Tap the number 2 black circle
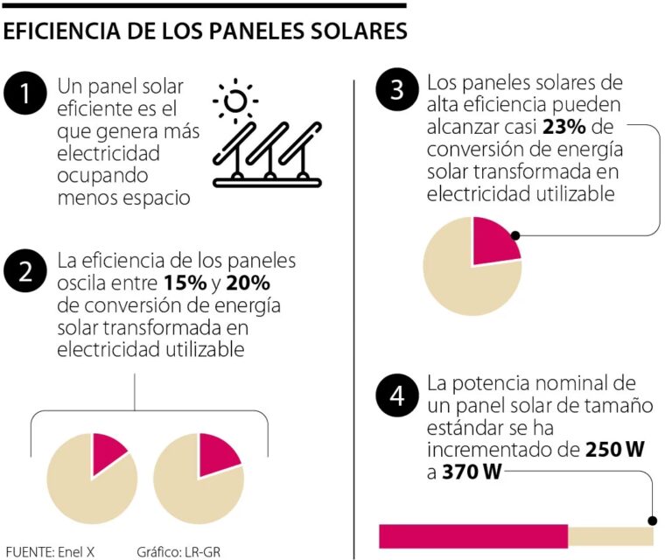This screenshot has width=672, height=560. coord(25,270)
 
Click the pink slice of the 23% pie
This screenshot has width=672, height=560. coord(492,242)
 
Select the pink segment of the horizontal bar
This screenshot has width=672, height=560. coord(473,536)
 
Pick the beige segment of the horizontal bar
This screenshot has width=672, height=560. coord(611,536)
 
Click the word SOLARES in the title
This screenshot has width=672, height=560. coord(359,31)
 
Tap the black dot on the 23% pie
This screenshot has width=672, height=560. coord(516,235)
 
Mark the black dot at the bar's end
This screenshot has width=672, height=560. coord(652,519)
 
